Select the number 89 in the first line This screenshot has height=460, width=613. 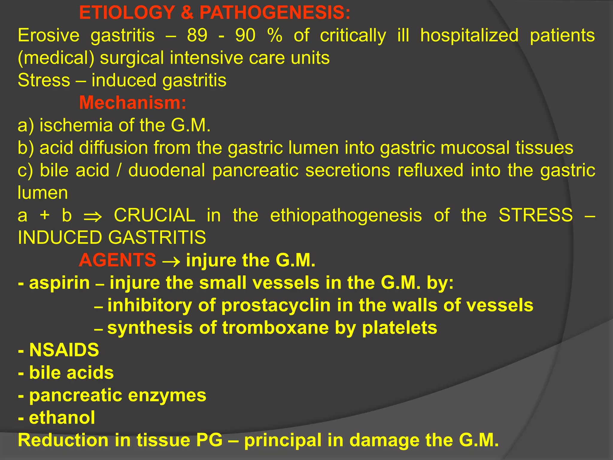pos(197,35)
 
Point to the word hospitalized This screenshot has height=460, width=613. pos(469,35)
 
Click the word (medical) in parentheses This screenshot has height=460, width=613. pos(56,58)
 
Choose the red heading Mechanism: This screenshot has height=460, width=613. pos(133,103)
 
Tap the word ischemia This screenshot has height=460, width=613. pos(76,125)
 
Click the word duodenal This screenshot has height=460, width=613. pos(166,170)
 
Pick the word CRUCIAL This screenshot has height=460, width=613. pos(154,215)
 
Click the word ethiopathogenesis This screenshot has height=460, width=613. pos(346,216)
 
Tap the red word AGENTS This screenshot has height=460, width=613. pos(117,260)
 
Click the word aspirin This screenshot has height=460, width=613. pos(59,283)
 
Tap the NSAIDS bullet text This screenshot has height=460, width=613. pos(64,350)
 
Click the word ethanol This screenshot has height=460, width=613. pos(62,417)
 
